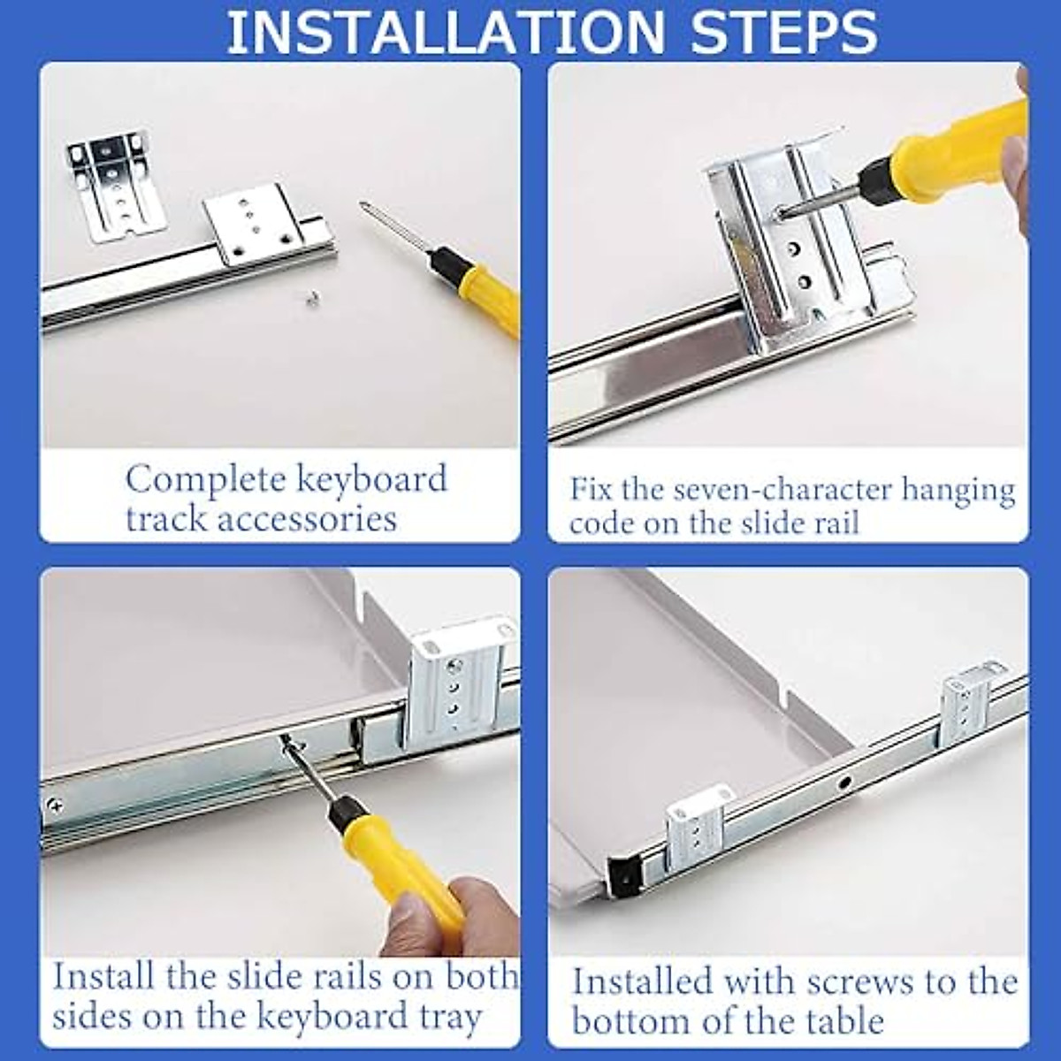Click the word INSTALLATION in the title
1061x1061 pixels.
tap(446, 32)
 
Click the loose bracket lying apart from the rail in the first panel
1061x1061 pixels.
tap(111, 180)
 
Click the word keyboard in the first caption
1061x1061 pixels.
tap(371, 480)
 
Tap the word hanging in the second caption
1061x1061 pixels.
tap(958, 491)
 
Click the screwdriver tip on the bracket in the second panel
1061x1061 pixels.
tap(779, 211)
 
